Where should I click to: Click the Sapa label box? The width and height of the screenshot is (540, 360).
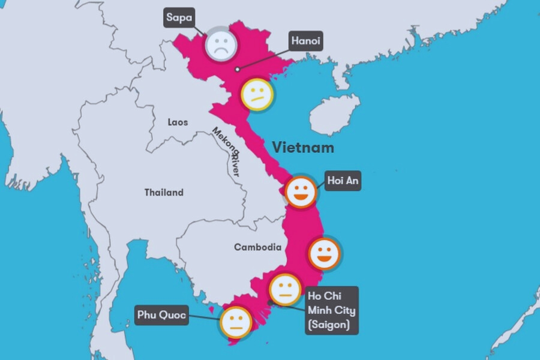(x=179, y=17)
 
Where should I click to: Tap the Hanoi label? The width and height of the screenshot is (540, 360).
(x=305, y=41)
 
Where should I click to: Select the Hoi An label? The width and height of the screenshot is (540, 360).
(x=343, y=180)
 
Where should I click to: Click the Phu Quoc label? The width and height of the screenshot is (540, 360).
(x=162, y=314)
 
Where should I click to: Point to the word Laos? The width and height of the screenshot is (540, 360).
(x=178, y=122)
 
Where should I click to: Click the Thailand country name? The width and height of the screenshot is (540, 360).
(x=164, y=193)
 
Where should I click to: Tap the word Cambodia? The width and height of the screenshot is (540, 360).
(x=257, y=247)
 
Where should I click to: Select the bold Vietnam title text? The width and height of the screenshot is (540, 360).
(x=302, y=147)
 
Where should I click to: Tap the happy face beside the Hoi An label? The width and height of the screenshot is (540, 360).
(x=300, y=191)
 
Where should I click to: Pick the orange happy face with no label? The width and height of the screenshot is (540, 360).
(x=325, y=254)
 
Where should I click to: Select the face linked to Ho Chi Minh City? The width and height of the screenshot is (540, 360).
(x=284, y=290)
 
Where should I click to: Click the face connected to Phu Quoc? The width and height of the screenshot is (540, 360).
(x=236, y=322)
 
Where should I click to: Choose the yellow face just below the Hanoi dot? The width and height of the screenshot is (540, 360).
(x=257, y=94)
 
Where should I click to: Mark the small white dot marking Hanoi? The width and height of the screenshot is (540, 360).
(x=238, y=70)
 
